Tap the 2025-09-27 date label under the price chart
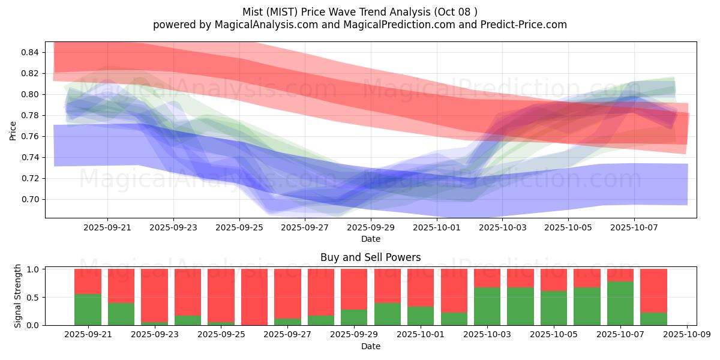(305, 227)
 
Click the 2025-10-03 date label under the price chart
(503, 227)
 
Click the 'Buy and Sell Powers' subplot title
(370, 257)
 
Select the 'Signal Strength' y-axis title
(18, 296)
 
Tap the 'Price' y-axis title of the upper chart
(13, 130)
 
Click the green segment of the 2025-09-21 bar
(88, 310)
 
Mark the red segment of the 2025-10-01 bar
(420, 287)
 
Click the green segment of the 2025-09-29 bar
(353, 317)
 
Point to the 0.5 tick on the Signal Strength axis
(34, 297)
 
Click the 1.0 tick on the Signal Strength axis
(34, 269)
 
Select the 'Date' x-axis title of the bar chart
(370, 346)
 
